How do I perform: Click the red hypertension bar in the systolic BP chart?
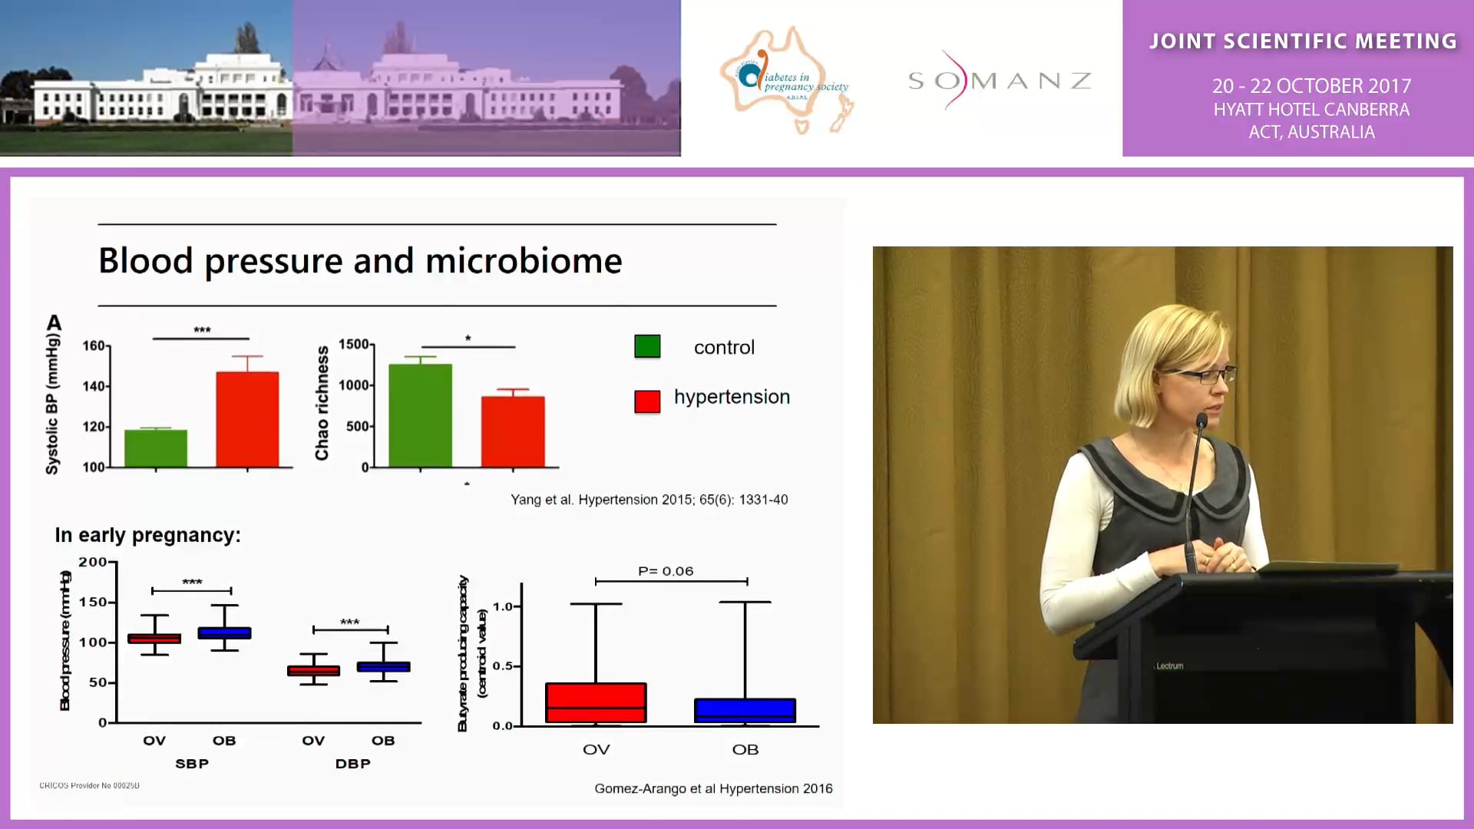(x=247, y=419)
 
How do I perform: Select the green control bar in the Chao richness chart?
(x=420, y=415)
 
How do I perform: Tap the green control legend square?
(x=647, y=347)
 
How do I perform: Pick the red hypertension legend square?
(x=647, y=401)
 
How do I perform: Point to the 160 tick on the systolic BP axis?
(x=94, y=345)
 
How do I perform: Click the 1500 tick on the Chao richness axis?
(x=355, y=345)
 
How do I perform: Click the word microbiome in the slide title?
(x=524, y=262)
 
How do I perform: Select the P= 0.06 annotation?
(x=666, y=571)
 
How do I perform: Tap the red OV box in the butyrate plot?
(x=596, y=702)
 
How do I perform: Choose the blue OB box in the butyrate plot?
(x=745, y=710)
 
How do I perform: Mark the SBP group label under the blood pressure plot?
(x=192, y=764)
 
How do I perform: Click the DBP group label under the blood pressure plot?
(x=353, y=764)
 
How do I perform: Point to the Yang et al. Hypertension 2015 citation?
(x=649, y=500)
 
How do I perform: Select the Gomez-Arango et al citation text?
(x=713, y=788)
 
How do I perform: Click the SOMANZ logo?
(x=999, y=80)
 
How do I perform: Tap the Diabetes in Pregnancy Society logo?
(x=787, y=81)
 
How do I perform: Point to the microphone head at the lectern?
(x=1201, y=421)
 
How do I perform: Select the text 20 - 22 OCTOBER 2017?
(x=1311, y=86)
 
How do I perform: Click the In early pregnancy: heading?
(x=147, y=535)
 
